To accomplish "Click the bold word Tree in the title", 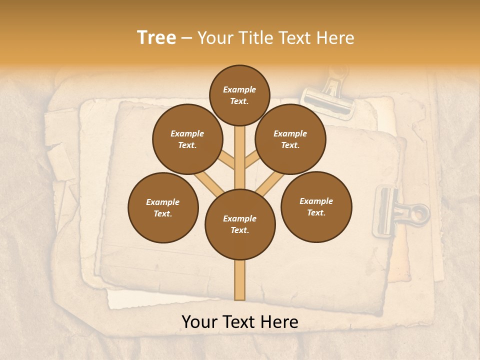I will pyautogui.click(x=156, y=38).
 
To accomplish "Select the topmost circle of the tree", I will pyautogui.click(x=239, y=95).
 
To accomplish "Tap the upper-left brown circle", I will pyautogui.click(x=187, y=139).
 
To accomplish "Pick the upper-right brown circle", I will pyautogui.click(x=290, y=139).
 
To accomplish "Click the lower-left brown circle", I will pyautogui.click(x=163, y=208).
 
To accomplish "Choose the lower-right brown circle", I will pyautogui.click(x=316, y=207).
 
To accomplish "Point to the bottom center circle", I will pyautogui.click(x=240, y=224).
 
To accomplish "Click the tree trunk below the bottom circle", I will pyautogui.click(x=240, y=280).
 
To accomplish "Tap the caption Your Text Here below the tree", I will pyautogui.click(x=240, y=322).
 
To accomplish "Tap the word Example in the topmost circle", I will pyautogui.click(x=239, y=89).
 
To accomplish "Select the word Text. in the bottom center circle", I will pyautogui.click(x=239, y=230).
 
